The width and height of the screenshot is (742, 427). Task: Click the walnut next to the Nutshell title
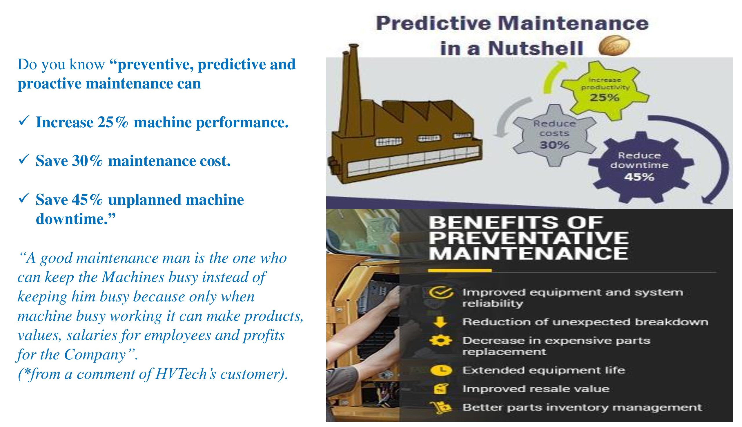point(614,46)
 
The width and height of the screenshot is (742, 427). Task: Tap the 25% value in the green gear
point(605,98)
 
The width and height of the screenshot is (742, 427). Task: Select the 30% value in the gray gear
point(554,145)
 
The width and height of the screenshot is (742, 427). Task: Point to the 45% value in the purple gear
point(639,177)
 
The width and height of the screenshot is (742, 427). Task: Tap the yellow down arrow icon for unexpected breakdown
point(440,322)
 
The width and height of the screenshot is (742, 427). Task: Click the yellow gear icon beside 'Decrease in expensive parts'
point(440,341)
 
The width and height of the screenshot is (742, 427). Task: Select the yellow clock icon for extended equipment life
point(441,370)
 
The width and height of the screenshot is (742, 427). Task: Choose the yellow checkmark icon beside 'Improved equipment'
point(441,292)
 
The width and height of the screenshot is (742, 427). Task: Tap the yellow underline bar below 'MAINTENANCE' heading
point(460,270)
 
